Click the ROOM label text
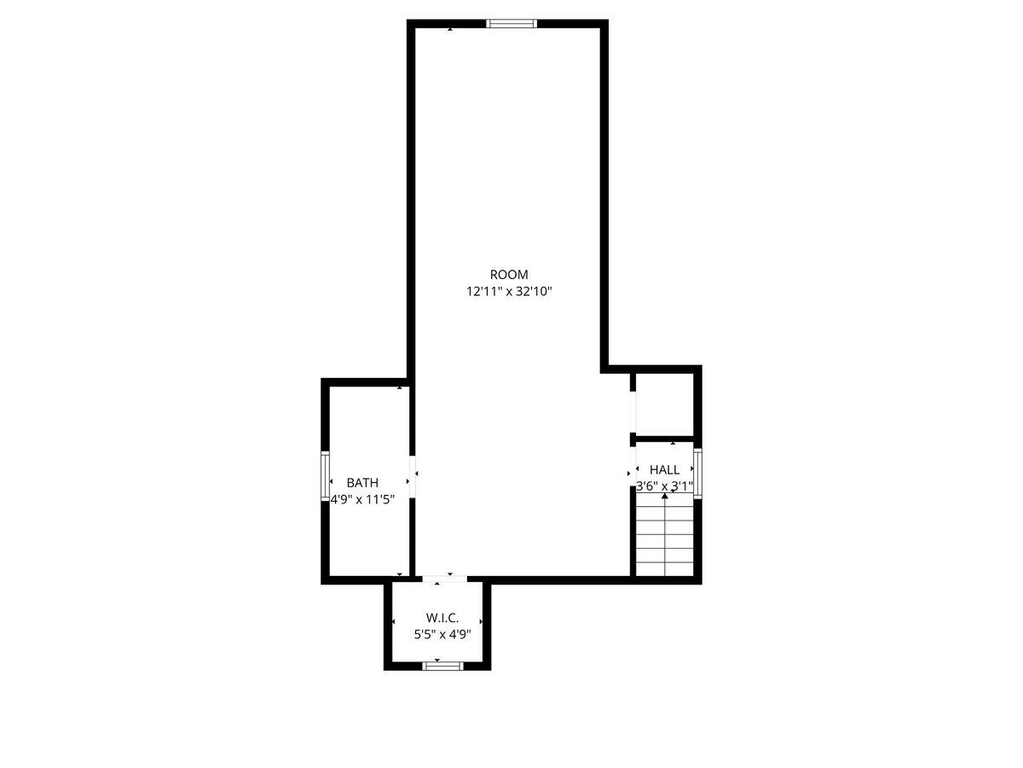[x=508, y=275]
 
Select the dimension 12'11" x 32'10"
[x=509, y=292]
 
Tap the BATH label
[x=362, y=483]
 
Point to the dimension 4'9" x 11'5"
[x=362, y=500]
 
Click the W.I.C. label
[x=442, y=619]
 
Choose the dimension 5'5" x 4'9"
[x=442, y=635]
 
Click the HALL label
[x=664, y=469]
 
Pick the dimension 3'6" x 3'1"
[x=665, y=486]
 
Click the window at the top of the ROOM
[x=511, y=24]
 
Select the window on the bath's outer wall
[x=325, y=475]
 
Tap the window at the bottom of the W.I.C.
[x=442, y=666]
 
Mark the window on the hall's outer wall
[x=697, y=474]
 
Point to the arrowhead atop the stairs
[x=665, y=496]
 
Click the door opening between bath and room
[x=412, y=477]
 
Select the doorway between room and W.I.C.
[x=445, y=579]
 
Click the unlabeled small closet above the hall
[x=664, y=404]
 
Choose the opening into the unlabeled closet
[x=633, y=412]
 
